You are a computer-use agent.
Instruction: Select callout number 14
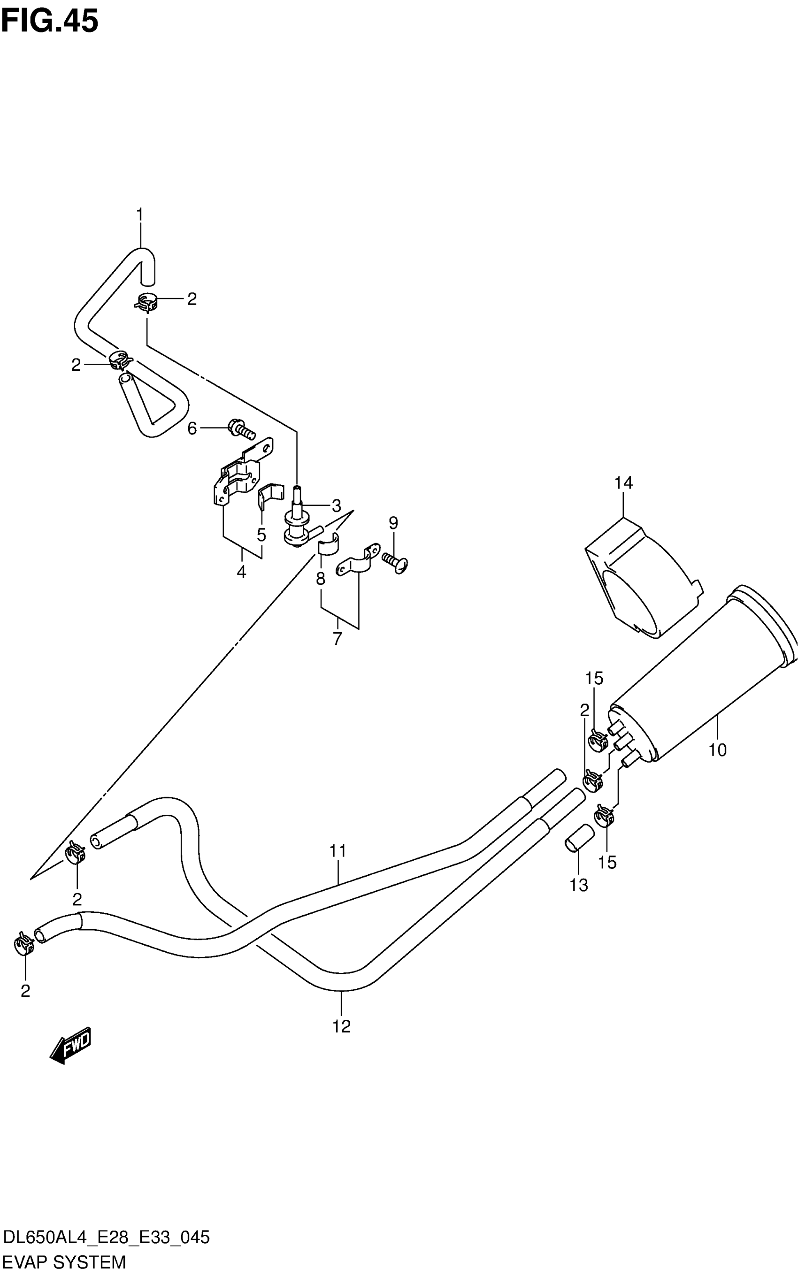623,482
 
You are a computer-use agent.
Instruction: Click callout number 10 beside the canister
717,749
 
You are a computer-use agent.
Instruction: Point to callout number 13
579,885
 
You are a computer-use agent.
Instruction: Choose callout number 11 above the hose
338,851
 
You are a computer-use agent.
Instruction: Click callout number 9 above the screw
393,523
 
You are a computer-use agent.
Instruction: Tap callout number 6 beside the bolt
192,428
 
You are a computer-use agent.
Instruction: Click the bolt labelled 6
241,428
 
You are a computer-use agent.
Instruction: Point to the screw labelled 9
395,561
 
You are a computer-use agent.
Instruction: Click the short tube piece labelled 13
579,837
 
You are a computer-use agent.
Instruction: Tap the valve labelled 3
297,520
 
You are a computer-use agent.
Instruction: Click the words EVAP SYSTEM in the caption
64,1262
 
